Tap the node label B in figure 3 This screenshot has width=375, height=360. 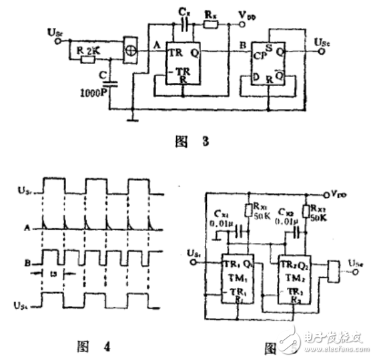[x=233, y=46]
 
